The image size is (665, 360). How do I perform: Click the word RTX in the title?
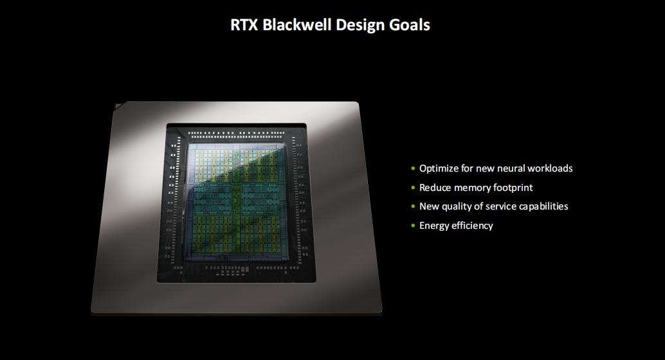pos(244,24)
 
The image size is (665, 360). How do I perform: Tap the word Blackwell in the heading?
pos(297,24)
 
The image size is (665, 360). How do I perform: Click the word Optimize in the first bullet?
pos(439,169)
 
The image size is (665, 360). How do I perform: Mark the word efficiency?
pos(472,226)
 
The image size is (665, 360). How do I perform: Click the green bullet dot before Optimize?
pos(413,169)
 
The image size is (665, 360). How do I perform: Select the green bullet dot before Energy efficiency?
pos(413,226)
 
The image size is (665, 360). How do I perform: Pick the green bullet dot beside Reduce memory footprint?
pos(413,188)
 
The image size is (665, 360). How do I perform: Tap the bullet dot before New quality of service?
pos(413,206)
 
